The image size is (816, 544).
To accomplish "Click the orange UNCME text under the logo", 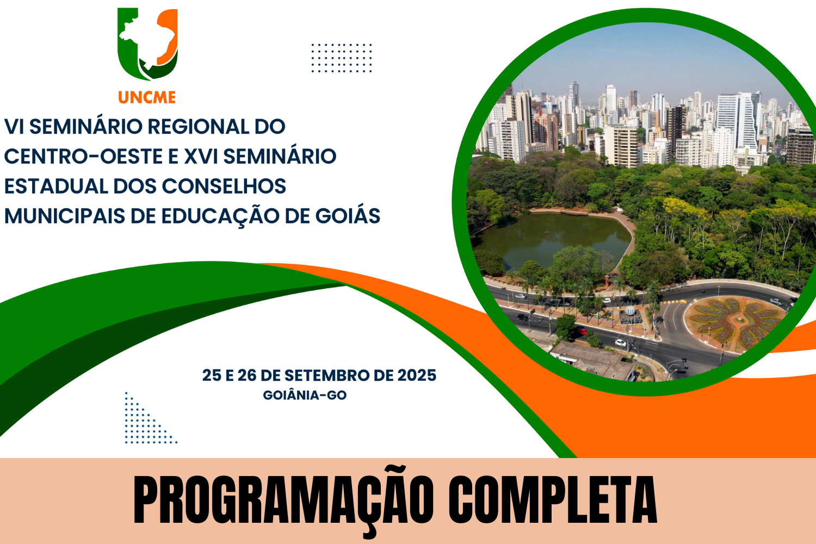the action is tap(147, 97).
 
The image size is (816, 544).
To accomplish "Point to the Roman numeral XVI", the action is tap(201, 156).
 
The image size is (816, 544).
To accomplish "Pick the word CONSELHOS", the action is tap(224, 186).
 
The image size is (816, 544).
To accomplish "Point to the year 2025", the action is tap(417, 375).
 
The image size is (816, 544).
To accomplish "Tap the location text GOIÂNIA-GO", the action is tap(305, 395).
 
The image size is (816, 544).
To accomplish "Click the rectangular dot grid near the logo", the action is tap(341, 58).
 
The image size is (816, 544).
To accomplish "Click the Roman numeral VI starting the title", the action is tap(14, 126).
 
